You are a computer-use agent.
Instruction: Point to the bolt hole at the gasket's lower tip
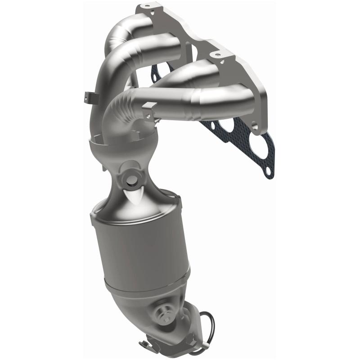pos(269,171)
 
